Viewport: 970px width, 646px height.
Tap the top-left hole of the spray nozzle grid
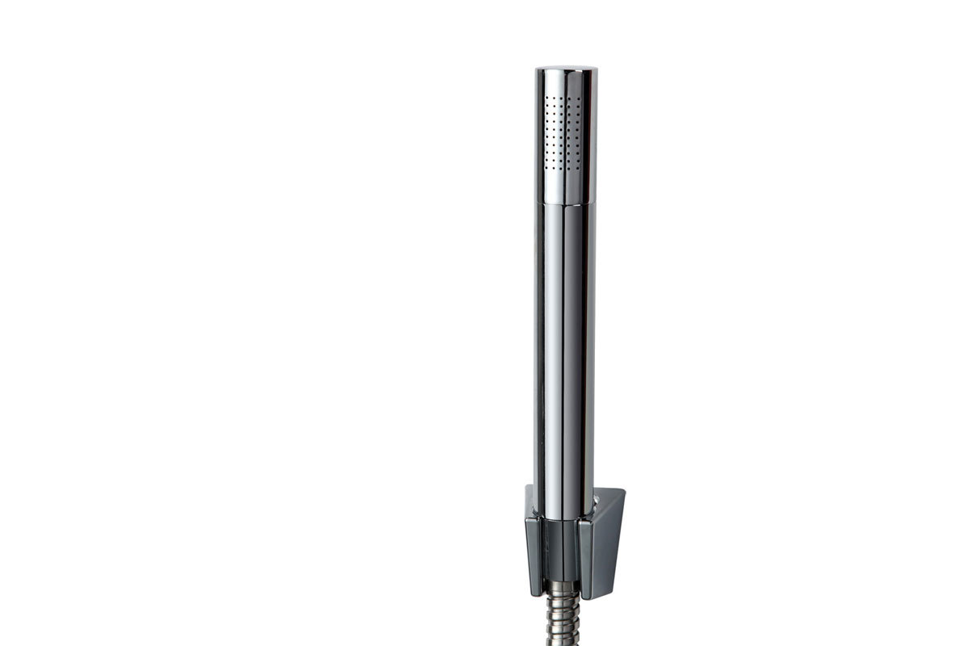point(546,98)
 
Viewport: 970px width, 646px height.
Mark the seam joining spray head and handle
point(566,203)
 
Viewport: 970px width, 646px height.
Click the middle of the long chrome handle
point(565,347)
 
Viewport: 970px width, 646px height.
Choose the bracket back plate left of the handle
point(529,501)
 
